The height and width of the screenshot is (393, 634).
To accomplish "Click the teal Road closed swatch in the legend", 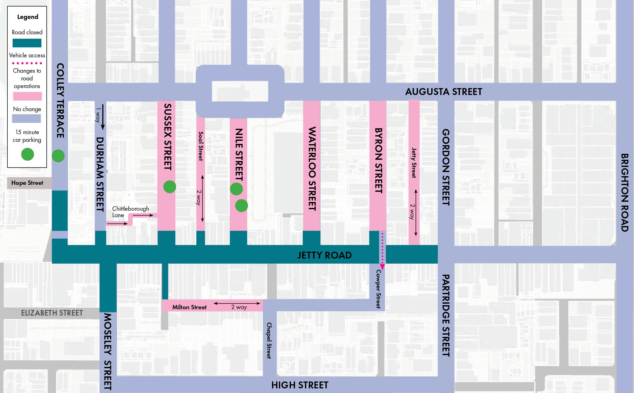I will coord(27,43).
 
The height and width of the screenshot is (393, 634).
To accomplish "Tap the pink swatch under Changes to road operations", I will coord(27,96).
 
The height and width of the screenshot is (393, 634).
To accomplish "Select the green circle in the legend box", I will coord(28,154).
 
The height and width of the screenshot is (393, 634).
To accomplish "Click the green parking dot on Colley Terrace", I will coord(58,156).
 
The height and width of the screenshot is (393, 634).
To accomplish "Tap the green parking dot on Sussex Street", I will coord(170,187).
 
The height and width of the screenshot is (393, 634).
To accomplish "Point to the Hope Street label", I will coord(27,183).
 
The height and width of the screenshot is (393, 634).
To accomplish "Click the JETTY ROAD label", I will coord(324,255).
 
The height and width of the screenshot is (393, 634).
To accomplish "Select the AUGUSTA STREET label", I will coord(444,92).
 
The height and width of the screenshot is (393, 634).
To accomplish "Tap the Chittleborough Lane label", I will coord(130,212).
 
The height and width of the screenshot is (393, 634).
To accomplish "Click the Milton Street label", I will coord(189,307).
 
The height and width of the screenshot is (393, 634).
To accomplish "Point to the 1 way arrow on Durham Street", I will coord(103,117).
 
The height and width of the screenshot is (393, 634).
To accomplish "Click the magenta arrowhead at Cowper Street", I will coord(382,267).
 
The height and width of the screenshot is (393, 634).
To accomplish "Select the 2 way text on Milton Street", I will coord(239,307).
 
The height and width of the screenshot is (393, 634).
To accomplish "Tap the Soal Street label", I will coord(201,146).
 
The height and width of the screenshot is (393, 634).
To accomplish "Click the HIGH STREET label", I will coord(300,385).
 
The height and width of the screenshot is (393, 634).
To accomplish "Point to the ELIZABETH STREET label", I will coord(52,313).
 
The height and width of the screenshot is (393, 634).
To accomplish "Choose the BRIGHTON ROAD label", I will coord(625,192).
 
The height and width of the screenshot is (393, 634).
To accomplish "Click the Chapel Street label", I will coord(269,341).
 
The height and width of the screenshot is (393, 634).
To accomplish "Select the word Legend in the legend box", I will coord(28,17).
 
